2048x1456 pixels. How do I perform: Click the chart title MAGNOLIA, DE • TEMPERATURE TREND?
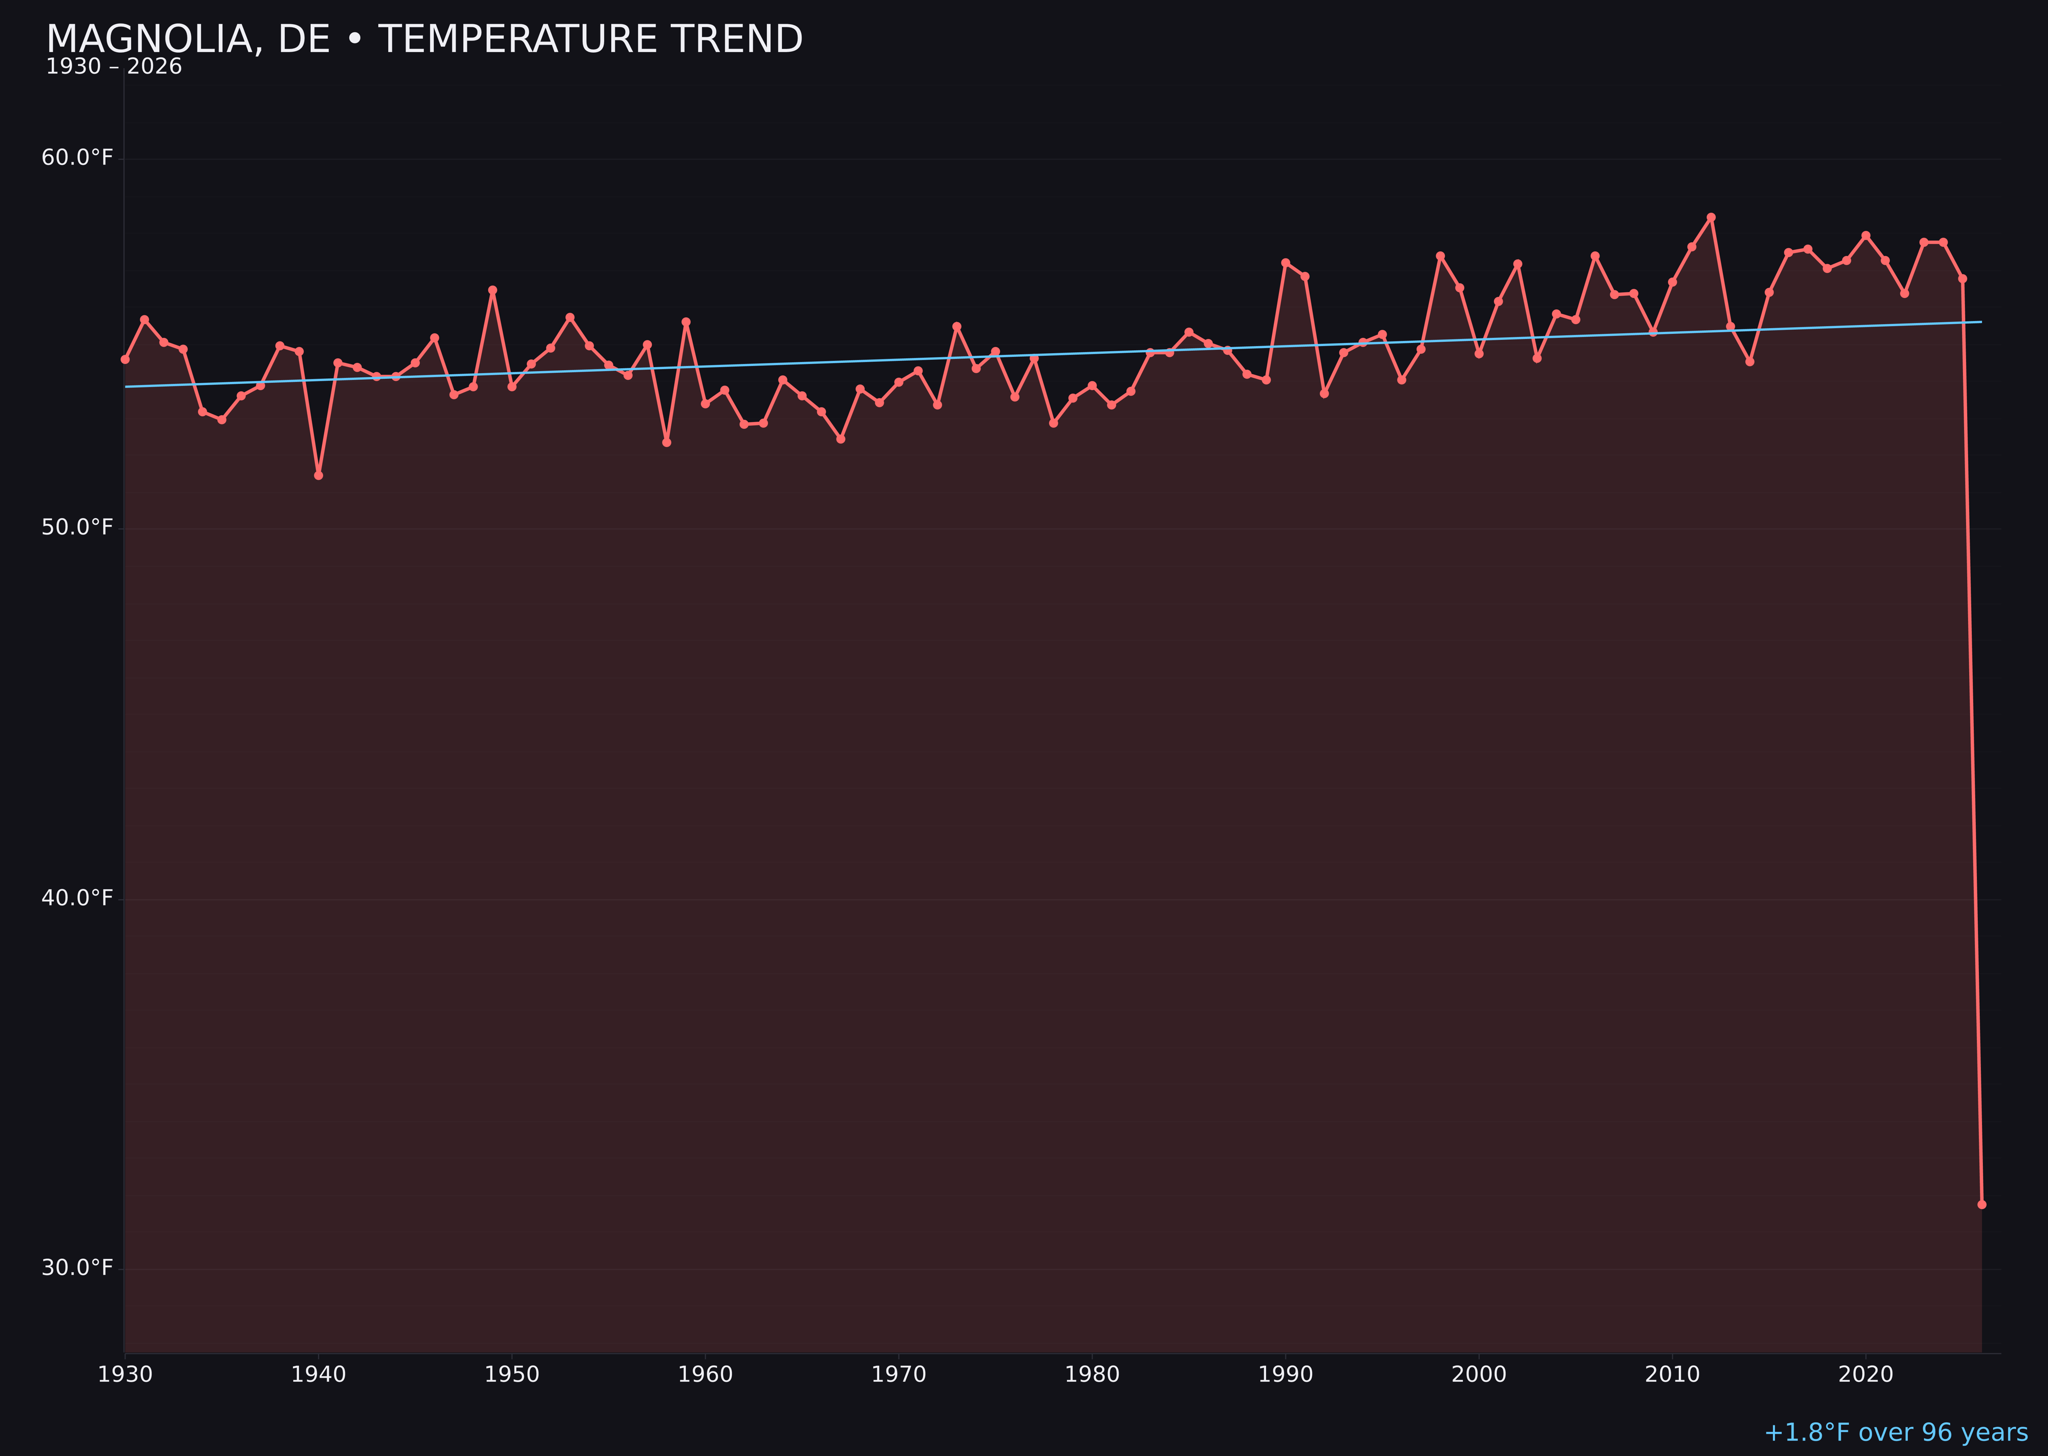(x=424, y=39)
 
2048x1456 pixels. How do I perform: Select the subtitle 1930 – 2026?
(x=114, y=67)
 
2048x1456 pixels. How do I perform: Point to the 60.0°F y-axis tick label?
(x=77, y=158)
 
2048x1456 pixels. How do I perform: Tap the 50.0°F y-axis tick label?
(x=77, y=527)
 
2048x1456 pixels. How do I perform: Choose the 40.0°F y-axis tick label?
(x=77, y=897)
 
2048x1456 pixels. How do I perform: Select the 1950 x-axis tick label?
(x=512, y=1375)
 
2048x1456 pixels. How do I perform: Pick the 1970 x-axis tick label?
(x=899, y=1375)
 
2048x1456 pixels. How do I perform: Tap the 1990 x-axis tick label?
(x=1285, y=1375)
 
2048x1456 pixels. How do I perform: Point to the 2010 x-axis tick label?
(x=1672, y=1375)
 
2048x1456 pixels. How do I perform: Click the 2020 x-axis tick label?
(x=1865, y=1375)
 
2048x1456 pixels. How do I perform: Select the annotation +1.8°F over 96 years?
(x=1895, y=1432)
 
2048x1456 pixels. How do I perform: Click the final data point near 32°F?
(x=1981, y=1204)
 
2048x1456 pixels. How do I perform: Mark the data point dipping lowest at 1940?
(x=318, y=475)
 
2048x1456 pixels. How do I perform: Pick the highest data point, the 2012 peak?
(x=1711, y=217)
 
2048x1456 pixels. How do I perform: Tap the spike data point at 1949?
(x=492, y=290)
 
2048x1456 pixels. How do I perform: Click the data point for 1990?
(x=1285, y=263)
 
